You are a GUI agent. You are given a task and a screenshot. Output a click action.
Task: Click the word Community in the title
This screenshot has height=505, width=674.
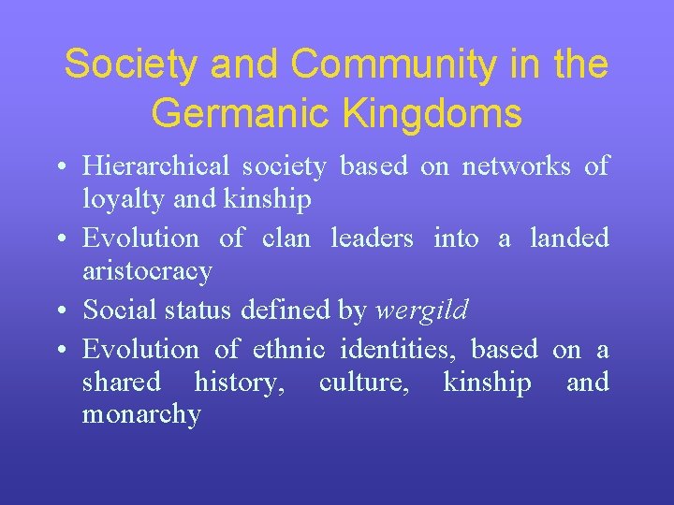[x=392, y=65]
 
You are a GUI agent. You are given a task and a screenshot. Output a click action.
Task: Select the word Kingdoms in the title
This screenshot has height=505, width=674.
[x=444, y=113]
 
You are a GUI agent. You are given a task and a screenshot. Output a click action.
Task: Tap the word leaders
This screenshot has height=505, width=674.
[x=372, y=238]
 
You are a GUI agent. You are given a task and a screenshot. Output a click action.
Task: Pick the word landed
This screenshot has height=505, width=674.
[x=569, y=238]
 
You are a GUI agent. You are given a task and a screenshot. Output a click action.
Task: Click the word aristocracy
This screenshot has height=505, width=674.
[x=147, y=272]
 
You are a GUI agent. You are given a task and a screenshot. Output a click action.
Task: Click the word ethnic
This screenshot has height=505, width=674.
[x=288, y=349]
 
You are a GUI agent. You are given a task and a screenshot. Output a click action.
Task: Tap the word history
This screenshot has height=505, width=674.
[x=240, y=382]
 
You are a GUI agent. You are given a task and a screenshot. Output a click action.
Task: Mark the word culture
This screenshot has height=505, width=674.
[x=362, y=382]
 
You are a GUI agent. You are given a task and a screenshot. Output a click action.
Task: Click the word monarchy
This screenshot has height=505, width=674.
[x=141, y=415]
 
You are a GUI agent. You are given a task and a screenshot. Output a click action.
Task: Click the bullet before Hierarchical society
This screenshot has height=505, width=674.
[x=60, y=167]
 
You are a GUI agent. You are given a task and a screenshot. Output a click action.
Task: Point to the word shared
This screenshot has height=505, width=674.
[x=121, y=382]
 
